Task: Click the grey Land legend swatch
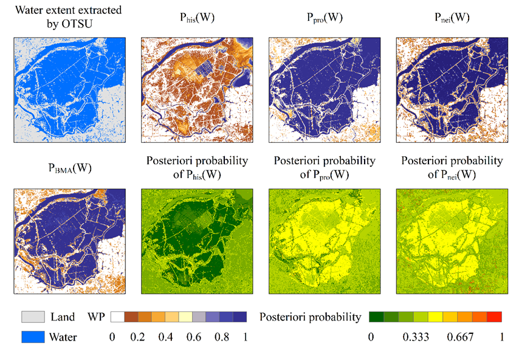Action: coord(33,317)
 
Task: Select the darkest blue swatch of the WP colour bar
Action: coord(239,317)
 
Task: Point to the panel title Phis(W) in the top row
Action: coord(191,18)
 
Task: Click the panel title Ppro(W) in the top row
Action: coord(319,18)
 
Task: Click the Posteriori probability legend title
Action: coord(310,317)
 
